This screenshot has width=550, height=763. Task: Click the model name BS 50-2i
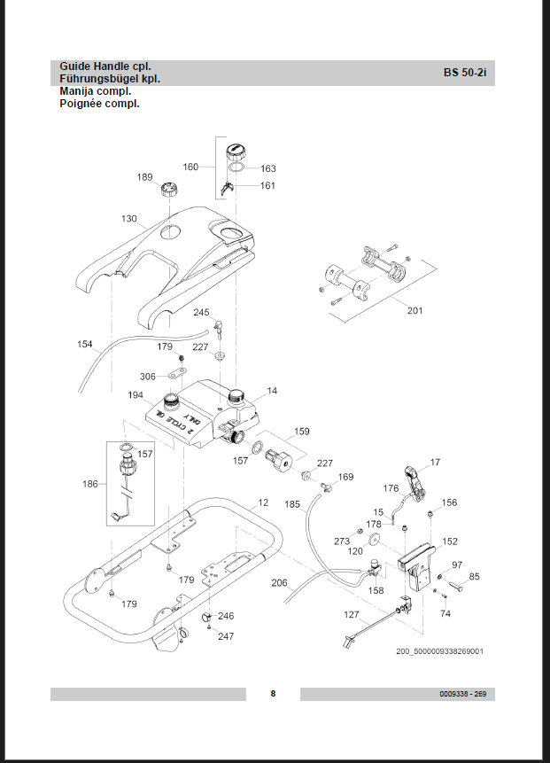click(x=465, y=73)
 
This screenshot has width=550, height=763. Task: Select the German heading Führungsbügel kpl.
click(x=110, y=79)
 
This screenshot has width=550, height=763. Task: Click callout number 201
click(x=415, y=310)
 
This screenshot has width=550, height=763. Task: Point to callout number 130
click(x=129, y=218)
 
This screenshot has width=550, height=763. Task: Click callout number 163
click(x=268, y=168)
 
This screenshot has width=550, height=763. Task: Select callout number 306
click(x=148, y=377)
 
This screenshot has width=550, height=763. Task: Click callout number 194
click(x=136, y=395)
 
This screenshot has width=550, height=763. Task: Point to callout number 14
click(x=272, y=390)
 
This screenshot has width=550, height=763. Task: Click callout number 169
click(x=345, y=477)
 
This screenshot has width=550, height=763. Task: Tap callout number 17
click(x=435, y=462)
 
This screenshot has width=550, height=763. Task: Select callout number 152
click(x=450, y=541)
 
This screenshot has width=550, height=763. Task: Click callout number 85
click(x=474, y=577)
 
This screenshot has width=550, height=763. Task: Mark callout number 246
click(x=227, y=615)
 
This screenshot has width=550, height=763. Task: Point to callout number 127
click(x=352, y=614)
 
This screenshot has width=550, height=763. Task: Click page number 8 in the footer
click(x=273, y=693)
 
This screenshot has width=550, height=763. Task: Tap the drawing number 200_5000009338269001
click(x=439, y=651)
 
